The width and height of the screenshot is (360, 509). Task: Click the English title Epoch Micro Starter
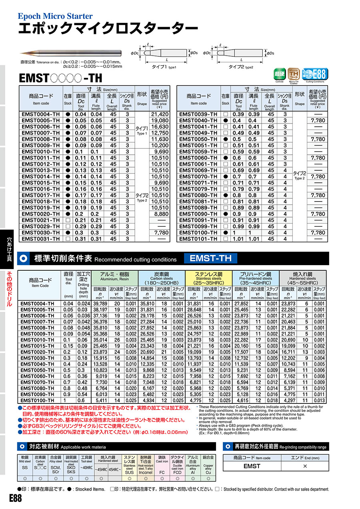point(55,16)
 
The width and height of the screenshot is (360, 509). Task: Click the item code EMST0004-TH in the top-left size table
point(41,114)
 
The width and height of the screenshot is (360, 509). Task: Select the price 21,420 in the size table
point(160,114)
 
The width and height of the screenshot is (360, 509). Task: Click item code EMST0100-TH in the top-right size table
point(198,233)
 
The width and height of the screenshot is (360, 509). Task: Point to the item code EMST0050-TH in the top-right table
point(198,139)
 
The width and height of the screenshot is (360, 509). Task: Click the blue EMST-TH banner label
point(210,258)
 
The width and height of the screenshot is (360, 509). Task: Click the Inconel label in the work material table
point(145,472)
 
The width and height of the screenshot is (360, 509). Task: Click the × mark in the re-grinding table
point(305,466)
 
